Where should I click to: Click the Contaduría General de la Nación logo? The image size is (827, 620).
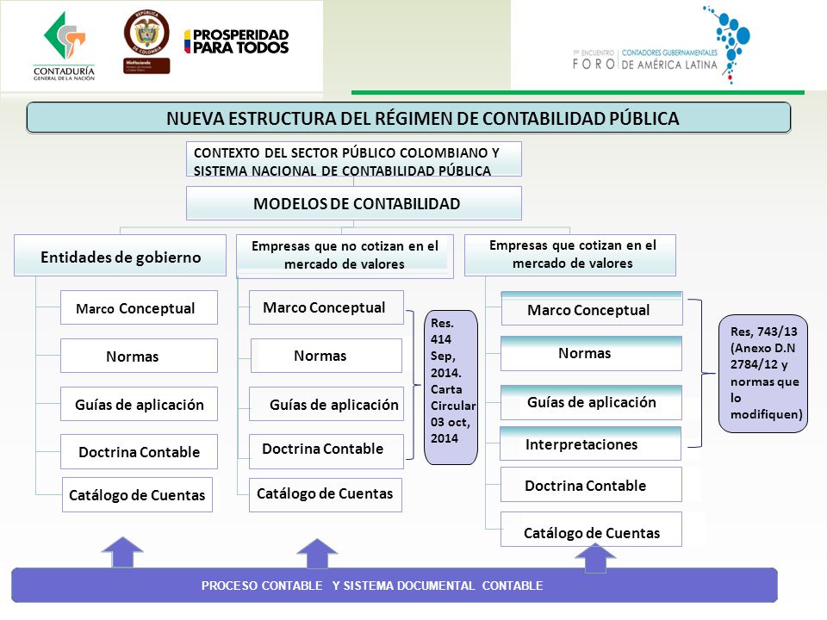pos(64,47)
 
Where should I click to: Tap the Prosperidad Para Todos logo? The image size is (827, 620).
pos(236,41)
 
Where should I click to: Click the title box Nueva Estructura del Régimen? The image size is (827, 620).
pos(408,118)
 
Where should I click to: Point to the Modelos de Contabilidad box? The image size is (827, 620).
pos(354,204)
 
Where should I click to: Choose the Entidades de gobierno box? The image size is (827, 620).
pos(120,257)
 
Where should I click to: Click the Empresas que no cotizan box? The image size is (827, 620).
pos(345,256)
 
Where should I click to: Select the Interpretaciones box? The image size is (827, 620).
pos(590,444)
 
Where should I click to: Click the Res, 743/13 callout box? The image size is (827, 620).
pos(762,372)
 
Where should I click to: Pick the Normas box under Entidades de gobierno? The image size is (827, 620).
pos(139,356)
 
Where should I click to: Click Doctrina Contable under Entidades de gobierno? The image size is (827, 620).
pos(139,452)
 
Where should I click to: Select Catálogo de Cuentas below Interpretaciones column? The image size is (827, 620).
pos(591,533)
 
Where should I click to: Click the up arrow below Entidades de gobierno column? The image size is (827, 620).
pos(127,552)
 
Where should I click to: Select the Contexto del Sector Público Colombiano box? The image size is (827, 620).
pos(354,160)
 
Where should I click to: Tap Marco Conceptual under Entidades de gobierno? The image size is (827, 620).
pos(139,308)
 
